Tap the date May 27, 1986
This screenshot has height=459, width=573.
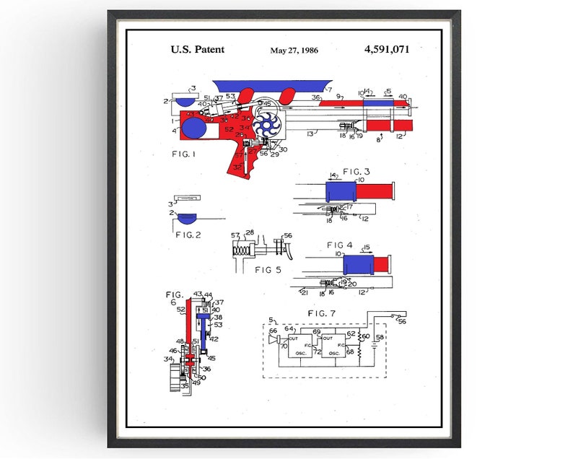click(x=293, y=51)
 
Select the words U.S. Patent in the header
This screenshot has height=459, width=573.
click(x=197, y=49)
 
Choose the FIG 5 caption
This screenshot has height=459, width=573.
click(x=267, y=269)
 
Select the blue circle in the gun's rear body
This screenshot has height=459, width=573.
click(x=193, y=131)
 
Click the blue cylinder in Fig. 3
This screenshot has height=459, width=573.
click(x=341, y=191)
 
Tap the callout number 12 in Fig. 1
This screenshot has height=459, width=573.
click(x=400, y=135)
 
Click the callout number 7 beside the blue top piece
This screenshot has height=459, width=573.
click(x=329, y=91)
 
